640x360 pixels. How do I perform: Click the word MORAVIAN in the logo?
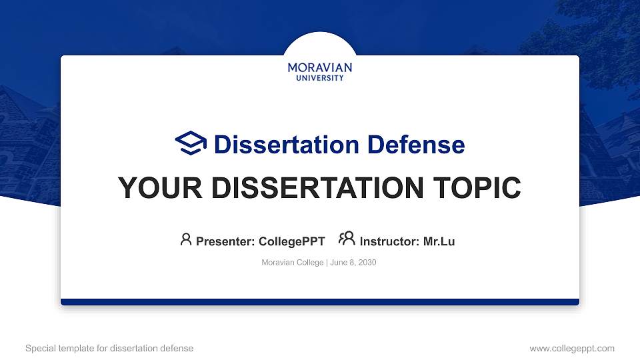(320, 67)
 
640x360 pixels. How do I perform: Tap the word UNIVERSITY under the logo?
(320, 78)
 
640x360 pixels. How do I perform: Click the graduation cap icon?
(191, 143)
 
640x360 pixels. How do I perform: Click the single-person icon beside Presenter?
(186, 239)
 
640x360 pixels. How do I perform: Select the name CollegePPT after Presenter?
(291, 241)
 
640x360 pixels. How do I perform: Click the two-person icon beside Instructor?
(347, 239)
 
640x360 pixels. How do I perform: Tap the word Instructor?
(390, 241)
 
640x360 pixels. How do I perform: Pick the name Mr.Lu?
(439, 241)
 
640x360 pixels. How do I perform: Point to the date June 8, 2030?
(353, 263)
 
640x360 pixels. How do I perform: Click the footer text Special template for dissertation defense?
(109, 348)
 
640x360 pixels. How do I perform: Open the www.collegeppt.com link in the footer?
(572, 348)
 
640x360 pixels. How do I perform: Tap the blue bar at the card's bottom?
(320, 302)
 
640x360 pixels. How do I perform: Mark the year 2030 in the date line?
(367, 263)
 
